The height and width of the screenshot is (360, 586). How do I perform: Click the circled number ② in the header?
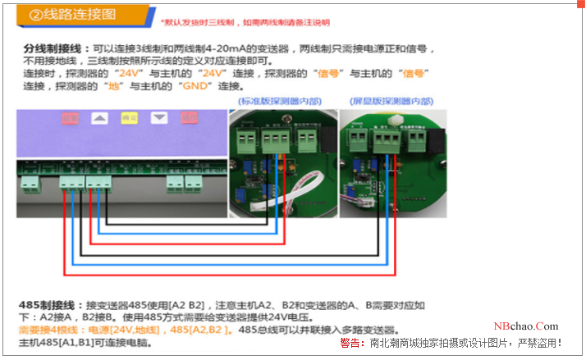(x=36, y=15)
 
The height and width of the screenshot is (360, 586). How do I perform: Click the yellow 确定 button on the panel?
(x=129, y=119)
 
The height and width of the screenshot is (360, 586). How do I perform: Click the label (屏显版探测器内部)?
(x=391, y=101)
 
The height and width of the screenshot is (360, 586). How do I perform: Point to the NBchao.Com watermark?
(x=525, y=326)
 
